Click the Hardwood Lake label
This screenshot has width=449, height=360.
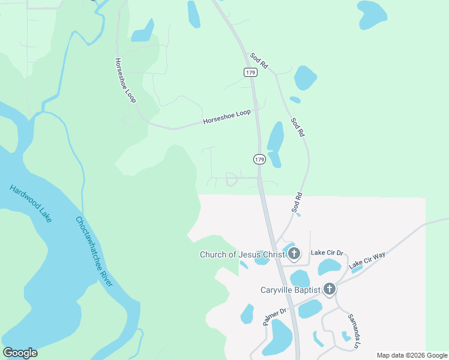coord(31,204)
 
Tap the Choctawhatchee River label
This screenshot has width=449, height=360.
coord(94,251)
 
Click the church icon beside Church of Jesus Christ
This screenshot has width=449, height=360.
coord(294,253)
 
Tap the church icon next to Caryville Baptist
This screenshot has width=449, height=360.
coord(329,289)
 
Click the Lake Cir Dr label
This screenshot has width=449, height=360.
coord(327,253)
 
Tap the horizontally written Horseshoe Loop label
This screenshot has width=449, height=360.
coord(226,116)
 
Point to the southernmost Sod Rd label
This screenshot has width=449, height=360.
coord(296,202)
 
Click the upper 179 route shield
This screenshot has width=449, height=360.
coord(251,72)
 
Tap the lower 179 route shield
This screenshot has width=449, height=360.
coord(259,159)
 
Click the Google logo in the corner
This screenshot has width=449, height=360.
coord(20,352)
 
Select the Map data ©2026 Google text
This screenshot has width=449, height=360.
coord(411,355)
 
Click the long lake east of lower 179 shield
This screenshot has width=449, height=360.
coord(275,144)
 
